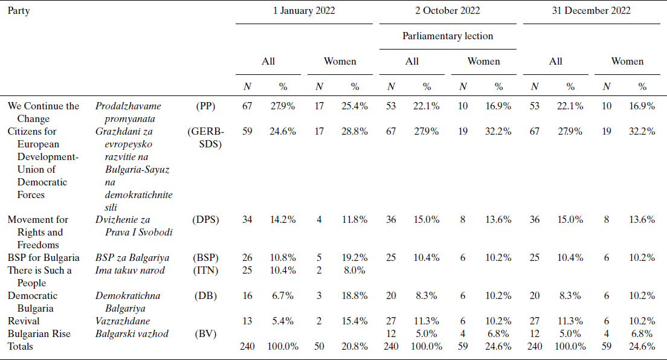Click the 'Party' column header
click(18, 11)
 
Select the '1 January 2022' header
click(304, 11)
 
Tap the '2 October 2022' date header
click(448, 11)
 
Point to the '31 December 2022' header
click(591, 11)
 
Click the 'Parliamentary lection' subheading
click(448, 36)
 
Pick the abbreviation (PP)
click(206, 106)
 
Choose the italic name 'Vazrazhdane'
click(123, 321)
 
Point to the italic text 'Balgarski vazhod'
click(132, 334)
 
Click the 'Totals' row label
click(20, 347)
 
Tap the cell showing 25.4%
click(355, 106)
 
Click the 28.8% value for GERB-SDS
click(355, 132)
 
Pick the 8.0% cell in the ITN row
click(355, 271)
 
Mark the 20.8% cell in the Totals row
click(355, 347)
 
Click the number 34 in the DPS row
click(247, 220)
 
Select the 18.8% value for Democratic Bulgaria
click(355, 296)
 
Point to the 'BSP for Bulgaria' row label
click(43, 258)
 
